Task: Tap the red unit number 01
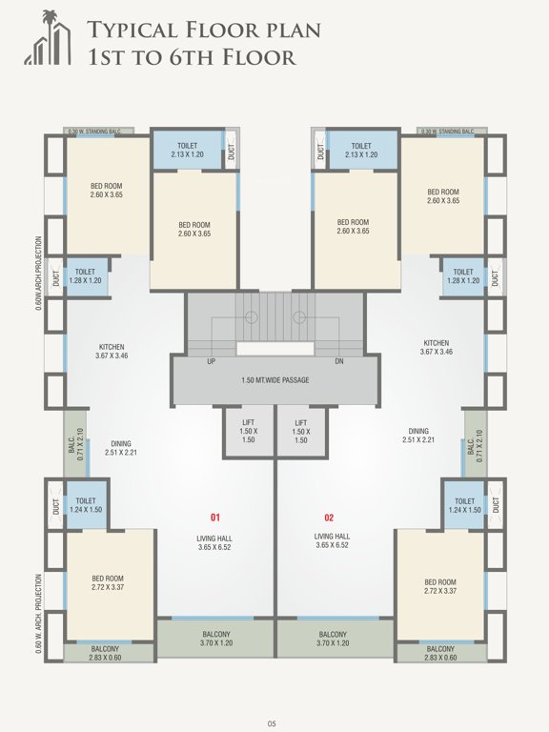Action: (215, 518)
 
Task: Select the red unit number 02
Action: (329, 518)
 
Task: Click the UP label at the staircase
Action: (211, 361)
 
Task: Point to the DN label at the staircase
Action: (338, 361)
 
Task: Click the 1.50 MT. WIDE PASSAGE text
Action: (274, 380)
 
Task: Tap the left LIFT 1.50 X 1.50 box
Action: (248, 431)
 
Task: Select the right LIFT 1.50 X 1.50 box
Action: (300, 431)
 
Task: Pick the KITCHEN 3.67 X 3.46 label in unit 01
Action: (112, 351)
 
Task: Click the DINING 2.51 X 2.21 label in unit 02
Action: (418, 435)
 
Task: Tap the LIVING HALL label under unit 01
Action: (215, 542)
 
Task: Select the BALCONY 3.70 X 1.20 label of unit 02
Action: (333, 639)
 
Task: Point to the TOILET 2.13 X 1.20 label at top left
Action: (187, 150)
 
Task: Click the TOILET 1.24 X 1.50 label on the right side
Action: (464, 505)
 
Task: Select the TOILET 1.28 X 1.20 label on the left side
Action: (86, 275)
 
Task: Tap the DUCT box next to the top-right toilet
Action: (319, 150)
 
